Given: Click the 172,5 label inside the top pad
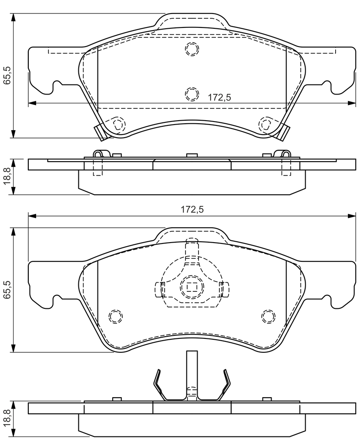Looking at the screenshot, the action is pos(219,97).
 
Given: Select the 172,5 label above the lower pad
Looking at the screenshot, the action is pos(192,209).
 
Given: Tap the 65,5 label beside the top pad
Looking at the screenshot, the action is pos(7,75).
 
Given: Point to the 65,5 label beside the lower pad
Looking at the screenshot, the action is pos(7,289).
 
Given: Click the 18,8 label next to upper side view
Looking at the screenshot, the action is pos(7,176).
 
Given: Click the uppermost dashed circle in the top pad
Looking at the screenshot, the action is pos(192,48).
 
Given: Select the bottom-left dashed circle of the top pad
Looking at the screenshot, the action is pos(117,124).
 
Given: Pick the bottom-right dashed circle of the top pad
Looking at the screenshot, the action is pos(266,124).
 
